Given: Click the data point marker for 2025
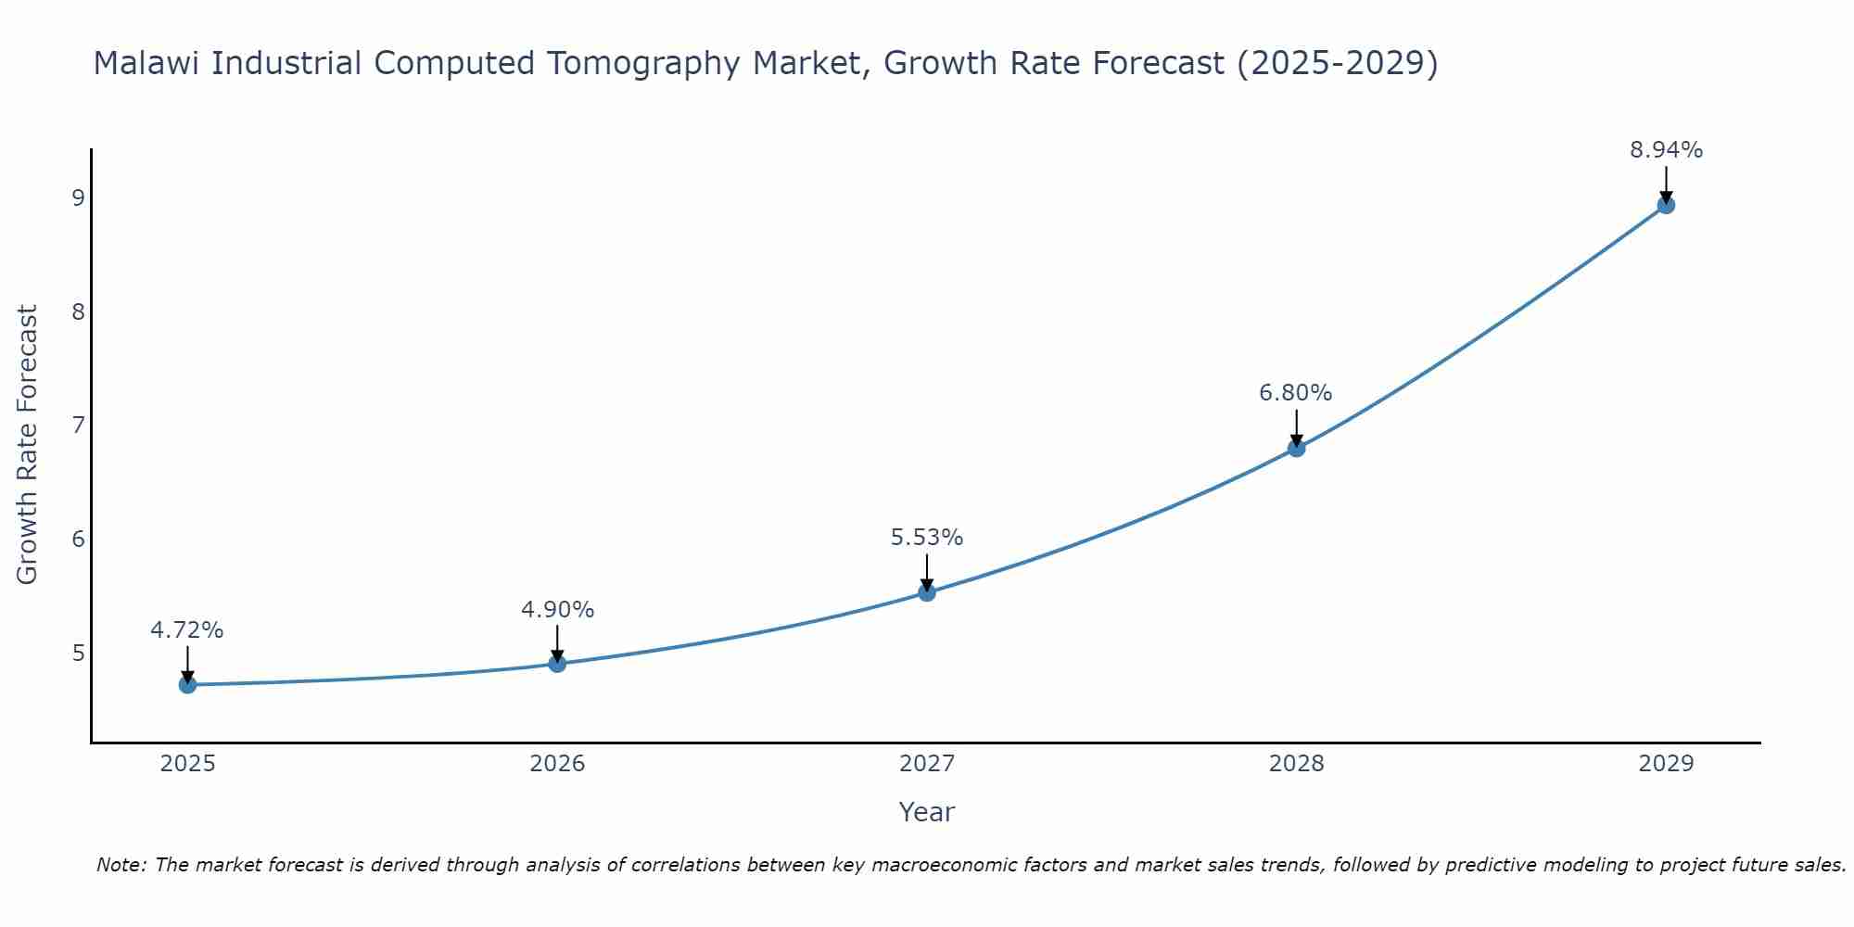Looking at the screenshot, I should coord(187,685).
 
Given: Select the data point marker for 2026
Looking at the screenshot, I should coord(557,664).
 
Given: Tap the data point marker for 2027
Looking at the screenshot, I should coord(927,592).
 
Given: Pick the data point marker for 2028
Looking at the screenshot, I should coord(1296,449).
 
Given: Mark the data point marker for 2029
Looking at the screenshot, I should coord(1666,205).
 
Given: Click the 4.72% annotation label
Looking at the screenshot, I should coord(187,630).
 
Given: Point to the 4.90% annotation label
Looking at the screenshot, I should coord(557,610).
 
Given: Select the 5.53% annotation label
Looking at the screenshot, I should coord(927,538).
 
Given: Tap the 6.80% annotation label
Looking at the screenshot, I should coord(1296,393).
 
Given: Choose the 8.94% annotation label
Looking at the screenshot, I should coord(1666,150).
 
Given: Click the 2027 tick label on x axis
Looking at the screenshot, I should coord(927,764).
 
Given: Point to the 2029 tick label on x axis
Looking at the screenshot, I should coord(1666,764).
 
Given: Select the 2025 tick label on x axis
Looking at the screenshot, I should coord(187,764).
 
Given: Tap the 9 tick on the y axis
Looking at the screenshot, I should coord(78,197).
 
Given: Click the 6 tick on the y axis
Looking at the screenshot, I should coord(78,540).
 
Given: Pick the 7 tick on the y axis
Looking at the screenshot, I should coord(78,425).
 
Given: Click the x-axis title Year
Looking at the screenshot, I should coord(927,812).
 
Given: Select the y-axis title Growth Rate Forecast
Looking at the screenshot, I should coord(28,445).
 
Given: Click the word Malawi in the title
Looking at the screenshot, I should coord(147,63).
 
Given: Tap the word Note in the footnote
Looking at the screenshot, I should coord(121,865).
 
